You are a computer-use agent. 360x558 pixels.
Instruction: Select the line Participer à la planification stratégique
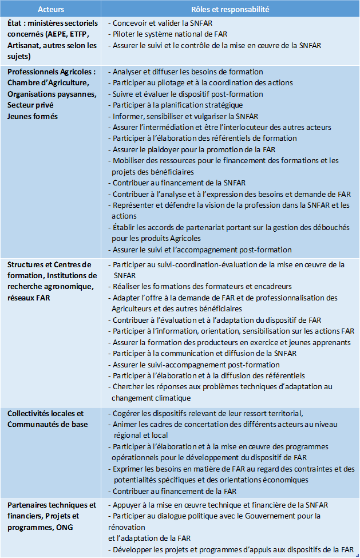(x=177, y=105)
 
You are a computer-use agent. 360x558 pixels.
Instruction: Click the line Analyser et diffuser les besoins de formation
(x=188, y=72)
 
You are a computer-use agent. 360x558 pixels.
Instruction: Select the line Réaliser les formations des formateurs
(x=202, y=286)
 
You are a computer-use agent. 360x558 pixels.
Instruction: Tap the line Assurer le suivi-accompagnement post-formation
(x=196, y=365)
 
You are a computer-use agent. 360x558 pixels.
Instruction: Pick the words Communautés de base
(x=48, y=424)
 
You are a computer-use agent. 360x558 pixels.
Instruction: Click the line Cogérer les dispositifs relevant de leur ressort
(x=207, y=413)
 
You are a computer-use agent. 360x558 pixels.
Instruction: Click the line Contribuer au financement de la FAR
(x=178, y=491)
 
